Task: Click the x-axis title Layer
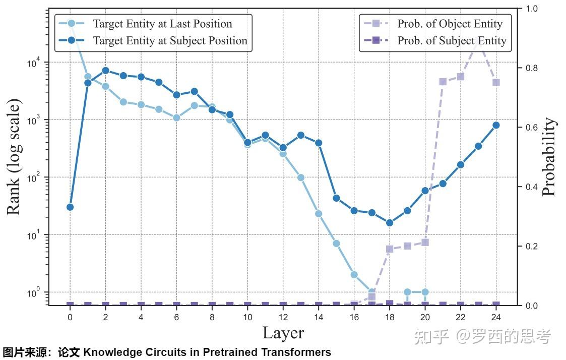pyautogui.click(x=283, y=333)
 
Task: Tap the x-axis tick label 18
pyautogui.click(x=390, y=317)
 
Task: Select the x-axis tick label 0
pyautogui.click(x=70, y=317)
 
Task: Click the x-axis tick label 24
pyautogui.click(x=496, y=317)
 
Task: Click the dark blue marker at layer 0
pyautogui.click(x=70, y=207)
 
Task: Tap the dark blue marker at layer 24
pyautogui.click(x=496, y=125)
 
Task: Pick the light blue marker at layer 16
pyautogui.click(x=354, y=275)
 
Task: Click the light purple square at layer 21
pyautogui.click(x=443, y=82)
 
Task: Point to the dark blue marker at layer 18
pyautogui.click(x=390, y=223)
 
